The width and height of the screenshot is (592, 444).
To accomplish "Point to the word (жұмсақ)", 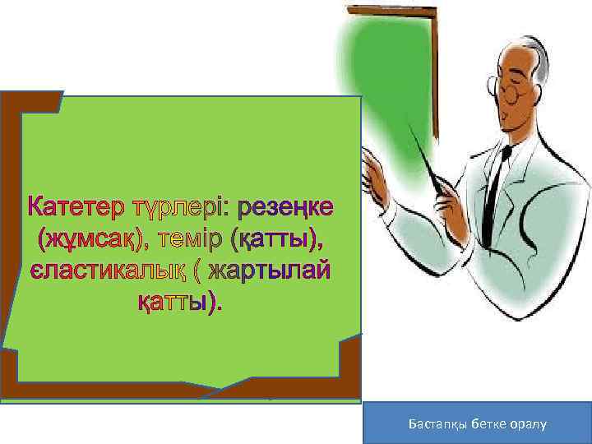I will [x=86, y=239].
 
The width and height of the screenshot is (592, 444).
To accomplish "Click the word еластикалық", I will [x=108, y=271].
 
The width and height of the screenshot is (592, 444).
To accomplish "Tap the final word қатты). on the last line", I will [x=178, y=303].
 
